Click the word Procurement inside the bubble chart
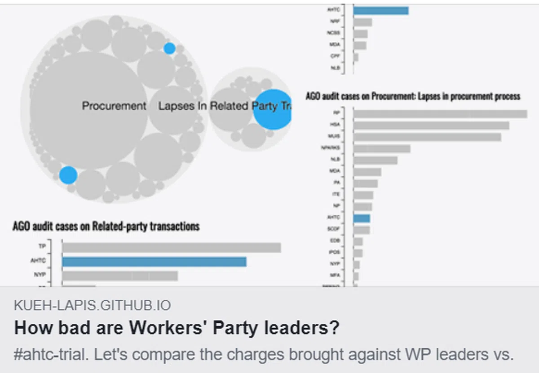[114, 106]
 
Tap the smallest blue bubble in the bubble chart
[169, 48]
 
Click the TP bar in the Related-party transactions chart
[171, 247]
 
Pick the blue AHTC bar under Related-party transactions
[154, 262]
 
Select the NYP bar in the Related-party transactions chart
[120, 276]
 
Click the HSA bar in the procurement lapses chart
[431, 125]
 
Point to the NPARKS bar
[381, 148]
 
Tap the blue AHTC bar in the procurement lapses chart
[362, 218]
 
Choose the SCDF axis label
[334, 229]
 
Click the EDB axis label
[334, 241]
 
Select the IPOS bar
[358, 253]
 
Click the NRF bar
[362, 22]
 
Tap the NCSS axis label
[334, 33]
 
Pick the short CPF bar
[356, 57]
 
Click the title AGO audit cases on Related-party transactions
[106, 226]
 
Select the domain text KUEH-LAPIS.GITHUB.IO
[92, 306]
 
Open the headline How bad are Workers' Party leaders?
[177, 328]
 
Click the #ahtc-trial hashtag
[49, 355]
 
